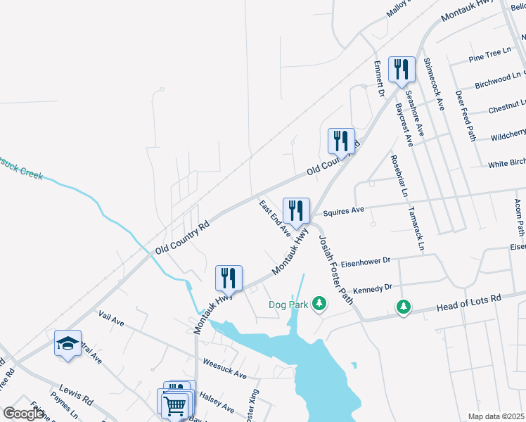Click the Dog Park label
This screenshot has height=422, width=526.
tap(288, 305)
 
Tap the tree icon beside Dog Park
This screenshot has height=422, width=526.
tap(320, 304)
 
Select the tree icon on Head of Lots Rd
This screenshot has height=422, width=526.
tap(403, 307)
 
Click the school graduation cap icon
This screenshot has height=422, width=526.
tap(68, 343)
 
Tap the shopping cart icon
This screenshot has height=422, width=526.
tap(174, 404)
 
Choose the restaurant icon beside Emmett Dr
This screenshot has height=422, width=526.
tap(402, 70)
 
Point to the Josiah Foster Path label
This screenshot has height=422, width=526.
tap(336, 268)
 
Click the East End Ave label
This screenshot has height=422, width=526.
tap(275, 218)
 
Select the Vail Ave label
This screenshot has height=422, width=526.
tap(111, 319)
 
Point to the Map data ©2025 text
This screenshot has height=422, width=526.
tap(496, 416)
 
